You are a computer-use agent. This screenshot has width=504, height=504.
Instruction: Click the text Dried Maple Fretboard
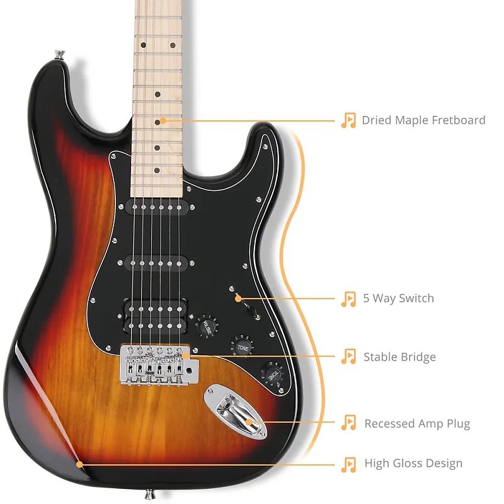pos(423,120)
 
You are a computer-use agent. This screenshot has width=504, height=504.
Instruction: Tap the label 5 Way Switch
pos(398,298)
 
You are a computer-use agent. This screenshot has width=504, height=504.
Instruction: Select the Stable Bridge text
pos(399,357)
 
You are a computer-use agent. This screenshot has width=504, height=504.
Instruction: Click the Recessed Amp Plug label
pos(417,423)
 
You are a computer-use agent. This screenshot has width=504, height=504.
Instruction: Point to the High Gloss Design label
pos(413,464)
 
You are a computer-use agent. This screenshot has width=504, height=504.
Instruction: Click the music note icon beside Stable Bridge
pos(348,357)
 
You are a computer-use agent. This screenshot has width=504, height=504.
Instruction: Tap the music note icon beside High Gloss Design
pos(348,464)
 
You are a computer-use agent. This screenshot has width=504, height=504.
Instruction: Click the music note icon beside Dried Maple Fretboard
pos(348,120)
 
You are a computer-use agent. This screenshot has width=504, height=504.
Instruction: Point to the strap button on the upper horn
pos(59,55)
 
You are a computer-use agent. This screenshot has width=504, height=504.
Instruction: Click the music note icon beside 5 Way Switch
pos(348,298)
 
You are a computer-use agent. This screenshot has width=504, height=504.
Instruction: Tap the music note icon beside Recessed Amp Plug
pos(348,423)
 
